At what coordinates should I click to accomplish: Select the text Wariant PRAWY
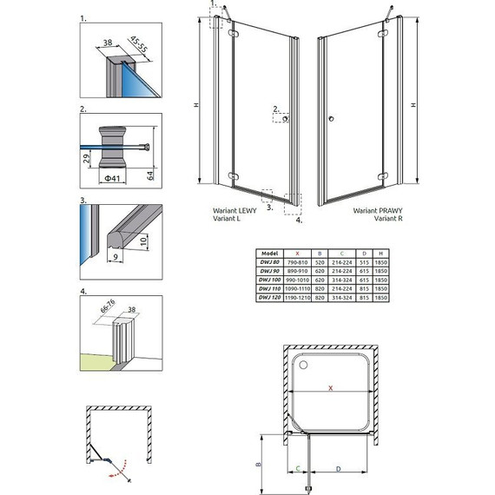coord(375,211)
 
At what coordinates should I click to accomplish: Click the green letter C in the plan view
coord(298,470)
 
